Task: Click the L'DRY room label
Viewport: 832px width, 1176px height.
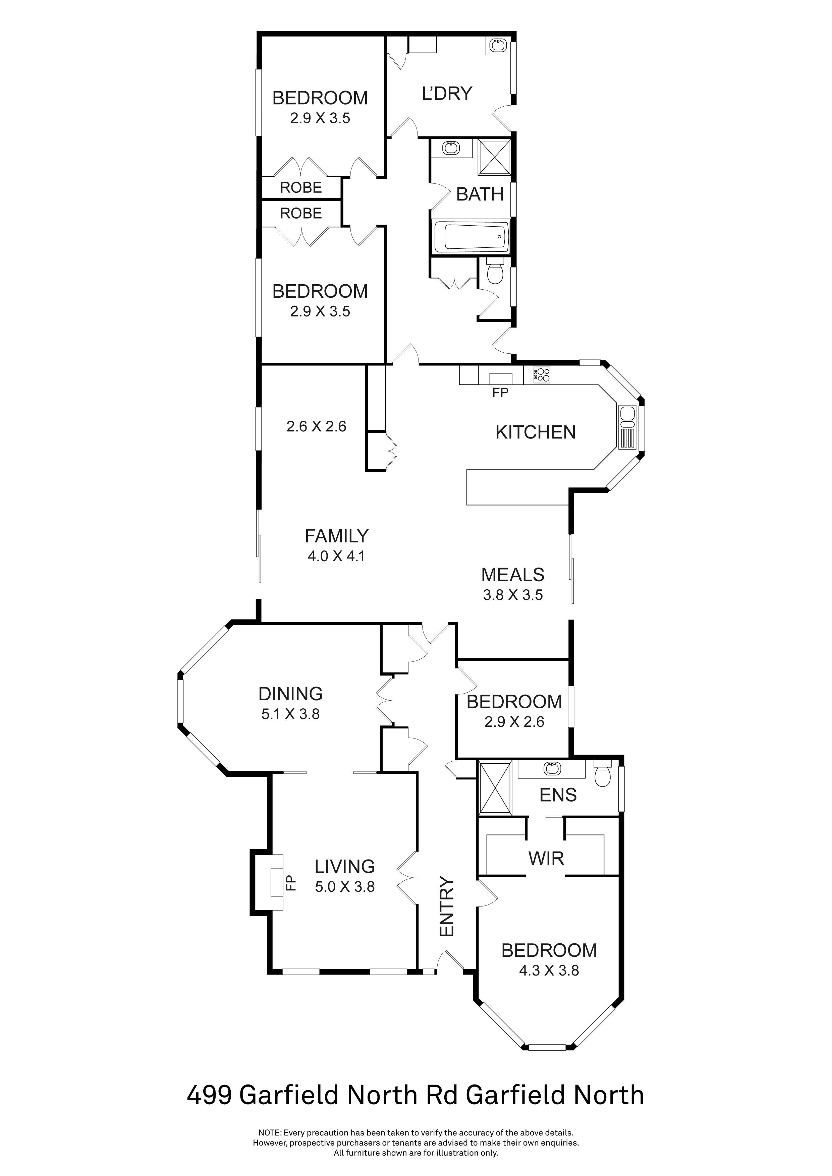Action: [446, 94]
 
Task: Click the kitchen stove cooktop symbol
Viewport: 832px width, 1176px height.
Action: [542, 375]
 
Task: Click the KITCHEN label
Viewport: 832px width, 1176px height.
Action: [535, 432]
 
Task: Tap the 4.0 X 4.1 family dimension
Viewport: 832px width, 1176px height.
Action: [336, 556]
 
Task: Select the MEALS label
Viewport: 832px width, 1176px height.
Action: [512, 575]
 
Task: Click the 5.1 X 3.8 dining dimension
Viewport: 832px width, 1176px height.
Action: [290, 714]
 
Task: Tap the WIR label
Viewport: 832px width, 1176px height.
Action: [546, 858]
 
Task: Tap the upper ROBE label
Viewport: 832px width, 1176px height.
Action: [301, 187]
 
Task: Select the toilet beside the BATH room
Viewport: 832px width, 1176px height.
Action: [495, 273]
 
